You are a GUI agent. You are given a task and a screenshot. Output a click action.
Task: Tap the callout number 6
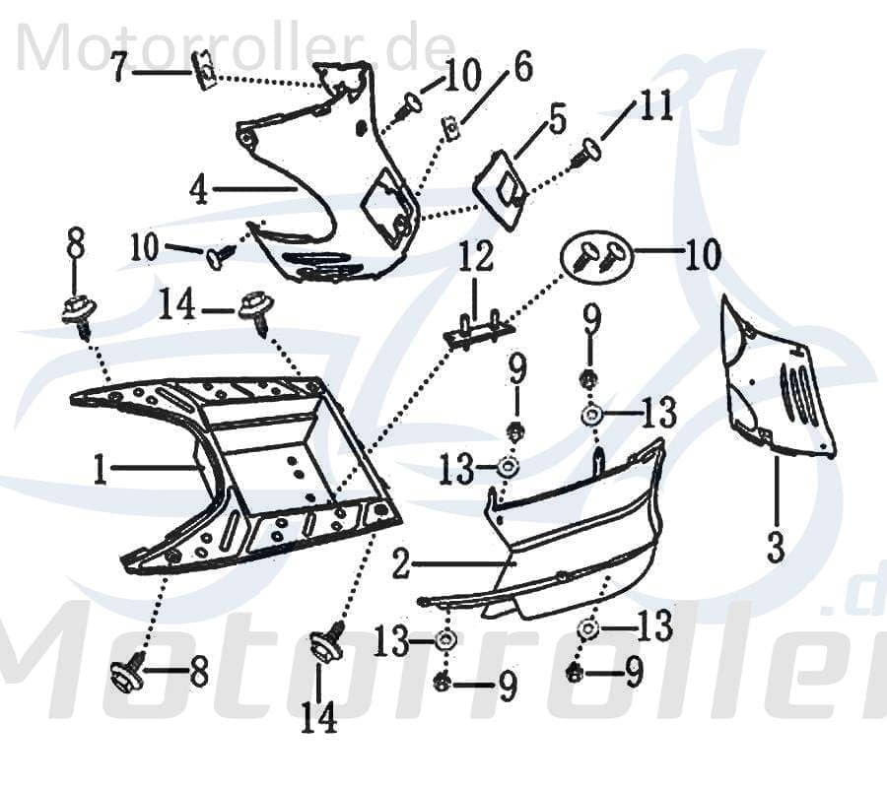521,69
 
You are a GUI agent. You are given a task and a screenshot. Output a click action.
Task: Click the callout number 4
199,188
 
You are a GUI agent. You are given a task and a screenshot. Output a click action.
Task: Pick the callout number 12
474,261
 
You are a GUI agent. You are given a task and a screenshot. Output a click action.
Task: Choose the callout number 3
776,545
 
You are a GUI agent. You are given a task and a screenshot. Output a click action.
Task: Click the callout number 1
100,471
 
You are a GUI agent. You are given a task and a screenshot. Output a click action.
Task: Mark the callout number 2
400,565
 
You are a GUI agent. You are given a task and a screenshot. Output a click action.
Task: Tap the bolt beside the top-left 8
77,311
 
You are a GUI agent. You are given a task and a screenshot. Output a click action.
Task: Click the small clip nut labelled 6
447,128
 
